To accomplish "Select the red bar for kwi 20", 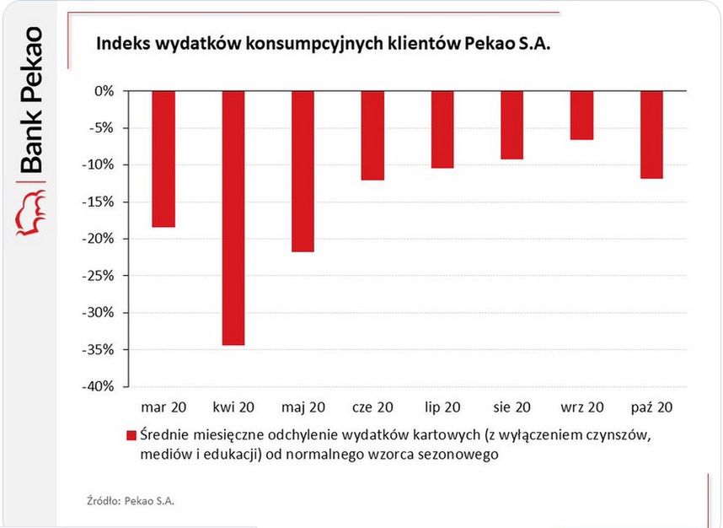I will tap(233, 218).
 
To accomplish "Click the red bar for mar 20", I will tap(163, 159).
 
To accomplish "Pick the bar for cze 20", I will tap(372, 135).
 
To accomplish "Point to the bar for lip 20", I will tap(442, 129).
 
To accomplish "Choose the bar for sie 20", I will tap(511, 125).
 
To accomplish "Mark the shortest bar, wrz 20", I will tap(581, 115).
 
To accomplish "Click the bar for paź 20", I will tap(651, 134).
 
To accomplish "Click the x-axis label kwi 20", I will tap(233, 407).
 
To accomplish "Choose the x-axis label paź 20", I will tap(651, 407).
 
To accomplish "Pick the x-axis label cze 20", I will tap(372, 407).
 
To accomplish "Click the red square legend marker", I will tap(131, 436).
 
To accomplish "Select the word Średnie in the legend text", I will tap(167, 435).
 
